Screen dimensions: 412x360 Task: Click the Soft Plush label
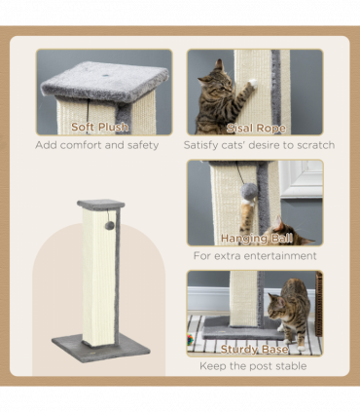tap(103, 127)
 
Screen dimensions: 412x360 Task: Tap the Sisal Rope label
tap(254, 127)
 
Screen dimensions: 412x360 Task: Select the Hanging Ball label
tap(254, 237)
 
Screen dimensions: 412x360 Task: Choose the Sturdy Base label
tap(254, 348)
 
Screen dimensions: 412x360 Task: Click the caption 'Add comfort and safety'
tap(97, 145)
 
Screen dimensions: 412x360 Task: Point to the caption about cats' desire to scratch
tap(259, 145)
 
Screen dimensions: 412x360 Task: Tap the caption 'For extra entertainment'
tap(255, 256)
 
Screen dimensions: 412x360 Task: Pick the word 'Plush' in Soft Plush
tap(118, 127)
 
